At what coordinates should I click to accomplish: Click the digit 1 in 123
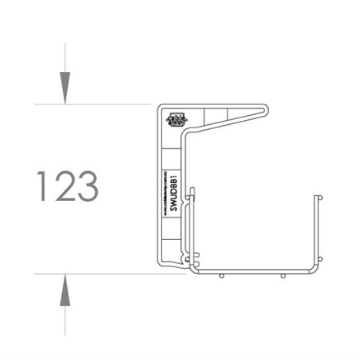tap(42, 187)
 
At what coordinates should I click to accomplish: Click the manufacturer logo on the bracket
tap(175, 118)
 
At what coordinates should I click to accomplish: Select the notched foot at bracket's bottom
tap(175, 263)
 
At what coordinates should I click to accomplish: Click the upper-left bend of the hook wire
tap(185, 132)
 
